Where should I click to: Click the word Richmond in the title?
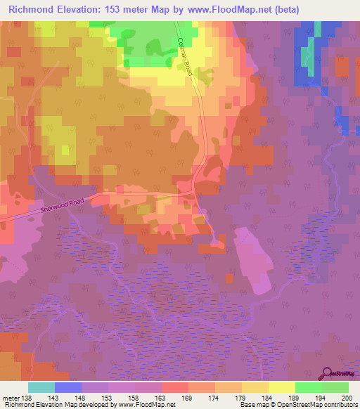pos(32,10)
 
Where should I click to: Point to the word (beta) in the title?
pos(285,10)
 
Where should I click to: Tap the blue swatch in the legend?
pos(68,387)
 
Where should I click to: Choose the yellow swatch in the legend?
pos(282,387)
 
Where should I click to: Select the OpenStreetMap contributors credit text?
pos(320,405)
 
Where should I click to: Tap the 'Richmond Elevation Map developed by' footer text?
pos(50,405)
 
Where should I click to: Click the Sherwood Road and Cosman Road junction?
pos(195,191)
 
